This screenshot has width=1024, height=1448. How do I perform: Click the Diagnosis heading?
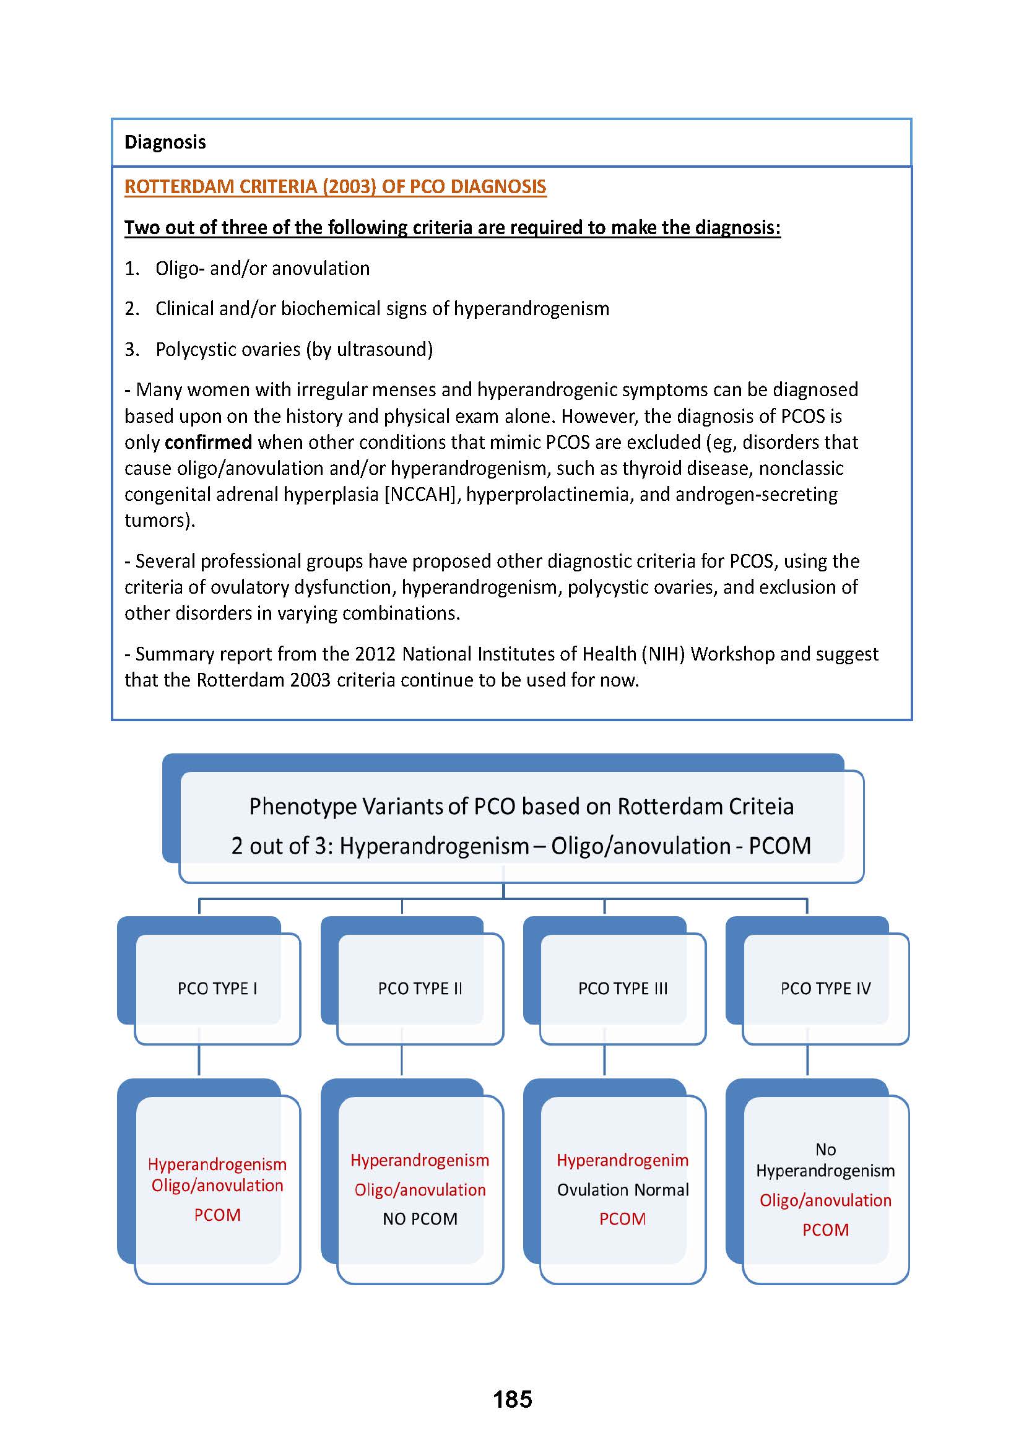pos(165,142)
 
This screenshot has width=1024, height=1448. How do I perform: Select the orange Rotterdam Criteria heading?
pos(335,187)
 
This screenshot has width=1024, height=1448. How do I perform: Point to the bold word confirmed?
pos(208,442)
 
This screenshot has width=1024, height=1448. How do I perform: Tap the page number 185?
pos(512,1399)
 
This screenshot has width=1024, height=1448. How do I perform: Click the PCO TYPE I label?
pos(217,988)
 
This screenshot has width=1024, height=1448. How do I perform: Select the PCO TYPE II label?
pos(420,988)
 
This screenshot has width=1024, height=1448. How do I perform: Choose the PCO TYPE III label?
pos(622,988)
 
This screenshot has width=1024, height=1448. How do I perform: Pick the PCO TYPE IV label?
pos(825,988)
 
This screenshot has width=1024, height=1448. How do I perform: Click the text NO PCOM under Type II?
pos(420,1218)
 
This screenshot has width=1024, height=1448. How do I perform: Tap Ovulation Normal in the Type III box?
pos(622,1189)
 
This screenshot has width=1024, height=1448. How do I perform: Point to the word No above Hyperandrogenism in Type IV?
pos(825,1149)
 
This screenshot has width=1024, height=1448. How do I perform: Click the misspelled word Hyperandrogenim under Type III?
pos(622,1160)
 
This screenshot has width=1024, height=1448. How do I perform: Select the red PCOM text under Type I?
pos(217,1215)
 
